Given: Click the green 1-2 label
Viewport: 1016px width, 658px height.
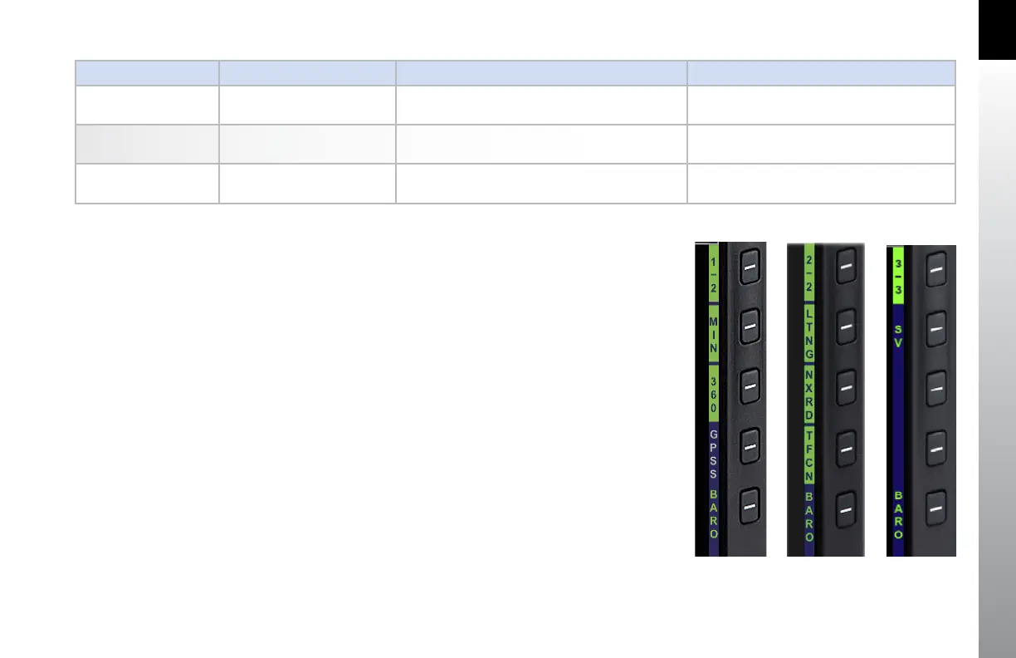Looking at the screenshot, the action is tap(713, 275).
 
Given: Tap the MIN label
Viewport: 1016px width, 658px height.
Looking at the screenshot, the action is tap(713, 335).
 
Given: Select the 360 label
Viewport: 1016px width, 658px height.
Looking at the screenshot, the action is tap(713, 395).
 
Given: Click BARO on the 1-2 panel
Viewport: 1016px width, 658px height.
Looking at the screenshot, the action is tap(713, 513).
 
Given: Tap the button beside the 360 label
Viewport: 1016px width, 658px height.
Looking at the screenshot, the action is tap(750, 388).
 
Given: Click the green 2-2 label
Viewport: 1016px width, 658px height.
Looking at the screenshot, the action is tap(809, 275).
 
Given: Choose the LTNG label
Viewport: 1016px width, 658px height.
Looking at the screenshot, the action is tap(809, 334).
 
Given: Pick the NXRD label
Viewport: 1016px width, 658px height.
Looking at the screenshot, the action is tap(809, 394).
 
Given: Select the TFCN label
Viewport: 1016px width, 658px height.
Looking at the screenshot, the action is tap(809, 454).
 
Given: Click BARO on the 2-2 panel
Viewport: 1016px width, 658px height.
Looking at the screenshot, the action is tap(809, 515).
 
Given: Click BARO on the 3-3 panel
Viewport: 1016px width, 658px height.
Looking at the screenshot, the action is tap(898, 515).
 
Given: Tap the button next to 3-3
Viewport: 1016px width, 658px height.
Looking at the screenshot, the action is tap(935, 270).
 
